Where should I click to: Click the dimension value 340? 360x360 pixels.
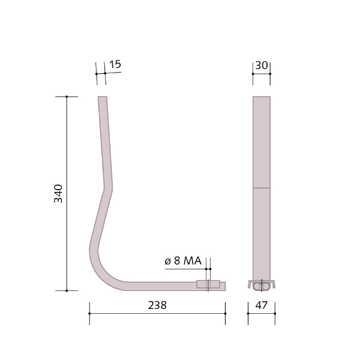(x=58, y=193)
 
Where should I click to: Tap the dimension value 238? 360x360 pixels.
(x=157, y=305)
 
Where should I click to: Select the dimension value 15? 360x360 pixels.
(x=115, y=64)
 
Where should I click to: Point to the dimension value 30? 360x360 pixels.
(x=262, y=65)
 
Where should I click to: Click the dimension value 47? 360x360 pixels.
(x=262, y=305)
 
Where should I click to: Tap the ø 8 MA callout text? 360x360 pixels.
(x=183, y=260)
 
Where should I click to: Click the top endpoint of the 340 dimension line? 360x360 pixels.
(x=67, y=96)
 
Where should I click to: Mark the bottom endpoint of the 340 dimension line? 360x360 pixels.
(x=67, y=290)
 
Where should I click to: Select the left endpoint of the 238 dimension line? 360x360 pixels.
(x=89, y=313)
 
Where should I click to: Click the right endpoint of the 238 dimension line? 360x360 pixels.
(x=226, y=313)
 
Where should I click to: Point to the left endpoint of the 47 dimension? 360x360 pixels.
(x=248, y=313)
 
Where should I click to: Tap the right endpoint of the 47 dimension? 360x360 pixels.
(x=275, y=313)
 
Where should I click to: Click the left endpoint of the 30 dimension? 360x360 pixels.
(x=253, y=74)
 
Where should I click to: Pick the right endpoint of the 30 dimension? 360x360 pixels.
(x=270, y=74)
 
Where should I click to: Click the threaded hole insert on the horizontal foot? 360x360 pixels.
(x=208, y=285)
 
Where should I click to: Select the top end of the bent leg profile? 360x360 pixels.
(x=103, y=97)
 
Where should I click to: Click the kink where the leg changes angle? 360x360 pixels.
(x=108, y=188)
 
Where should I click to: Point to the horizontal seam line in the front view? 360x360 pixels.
(x=262, y=188)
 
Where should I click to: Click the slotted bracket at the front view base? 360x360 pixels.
(x=262, y=283)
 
